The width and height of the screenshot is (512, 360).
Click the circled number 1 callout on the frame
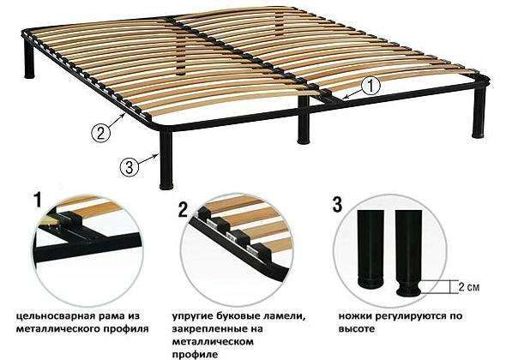[370, 86]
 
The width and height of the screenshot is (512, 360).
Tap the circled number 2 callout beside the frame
[100, 133]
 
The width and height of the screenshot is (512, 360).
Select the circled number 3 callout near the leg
[129, 167]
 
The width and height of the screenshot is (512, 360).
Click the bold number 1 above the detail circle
[39, 200]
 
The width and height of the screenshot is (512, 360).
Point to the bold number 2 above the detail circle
[184, 210]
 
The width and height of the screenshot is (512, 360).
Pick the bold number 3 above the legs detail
[337, 205]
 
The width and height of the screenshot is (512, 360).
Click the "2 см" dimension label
[469, 287]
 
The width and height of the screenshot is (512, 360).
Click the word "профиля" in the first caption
[126, 328]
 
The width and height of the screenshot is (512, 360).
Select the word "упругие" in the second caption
[193, 316]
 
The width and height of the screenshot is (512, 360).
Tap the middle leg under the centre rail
[304, 120]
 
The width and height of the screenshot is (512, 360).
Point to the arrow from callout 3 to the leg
[149, 159]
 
